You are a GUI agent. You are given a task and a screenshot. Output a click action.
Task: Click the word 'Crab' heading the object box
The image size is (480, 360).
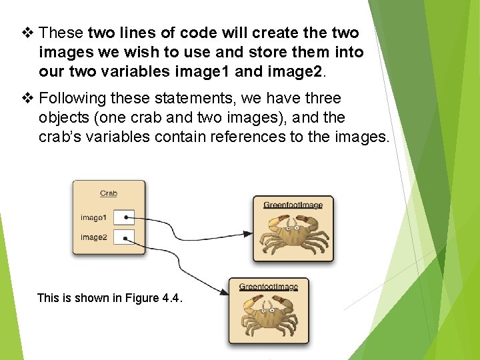point(109,193)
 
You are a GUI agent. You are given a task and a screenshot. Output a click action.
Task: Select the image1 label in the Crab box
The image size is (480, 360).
point(93,217)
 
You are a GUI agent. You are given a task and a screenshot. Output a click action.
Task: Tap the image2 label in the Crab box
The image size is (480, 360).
point(93,237)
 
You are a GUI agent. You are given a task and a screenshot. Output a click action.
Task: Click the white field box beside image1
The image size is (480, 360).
point(124,217)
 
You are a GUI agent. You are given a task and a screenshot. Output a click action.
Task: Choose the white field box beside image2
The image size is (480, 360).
point(124,237)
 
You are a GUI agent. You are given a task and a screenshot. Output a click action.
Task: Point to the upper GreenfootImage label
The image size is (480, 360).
point(293,205)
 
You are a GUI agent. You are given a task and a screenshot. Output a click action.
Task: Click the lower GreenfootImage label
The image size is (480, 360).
point(268,287)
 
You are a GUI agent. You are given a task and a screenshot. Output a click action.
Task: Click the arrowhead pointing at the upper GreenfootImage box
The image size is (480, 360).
point(247,233)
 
